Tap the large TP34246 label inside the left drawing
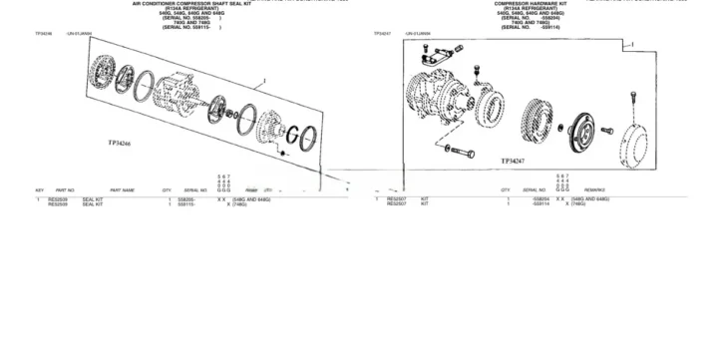tap(127, 143)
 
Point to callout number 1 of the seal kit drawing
tap(262, 79)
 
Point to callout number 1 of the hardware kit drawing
tap(631, 45)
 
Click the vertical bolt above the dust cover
tap(634, 103)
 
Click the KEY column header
tap(40, 189)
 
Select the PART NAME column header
tap(122, 189)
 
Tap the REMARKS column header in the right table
tap(596, 189)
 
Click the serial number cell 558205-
tap(185, 199)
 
